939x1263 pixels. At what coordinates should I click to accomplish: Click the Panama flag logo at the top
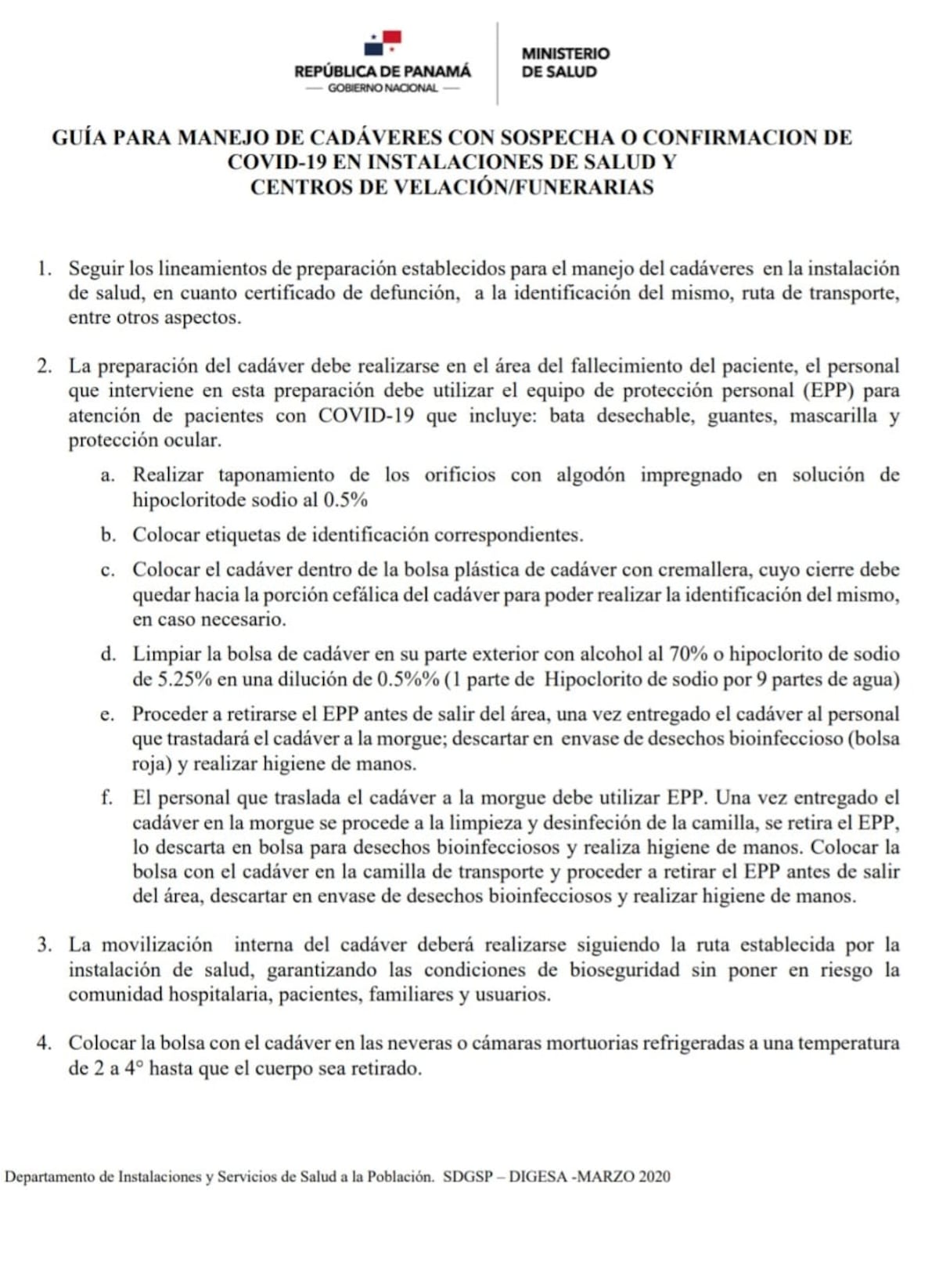[x=383, y=43]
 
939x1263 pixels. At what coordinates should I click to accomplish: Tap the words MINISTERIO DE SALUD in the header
[x=565, y=63]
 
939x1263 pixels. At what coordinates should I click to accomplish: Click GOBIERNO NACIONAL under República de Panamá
[x=383, y=88]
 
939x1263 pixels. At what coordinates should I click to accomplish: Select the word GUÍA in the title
[x=79, y=138]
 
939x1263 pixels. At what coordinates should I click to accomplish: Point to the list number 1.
[x=44, y=269]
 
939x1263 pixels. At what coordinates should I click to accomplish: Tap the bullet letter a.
[x=107, y=475]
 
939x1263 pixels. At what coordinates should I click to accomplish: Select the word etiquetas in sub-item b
[x=243, y=536]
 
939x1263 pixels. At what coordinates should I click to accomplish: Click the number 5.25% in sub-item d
[x=185, y=679]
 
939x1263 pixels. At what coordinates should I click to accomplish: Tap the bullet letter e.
[x=107, y=714]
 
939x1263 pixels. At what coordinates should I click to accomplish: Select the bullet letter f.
[x=107, y=798]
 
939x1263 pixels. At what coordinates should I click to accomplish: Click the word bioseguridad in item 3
[x=624, y=970]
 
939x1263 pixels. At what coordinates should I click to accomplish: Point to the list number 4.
[x=44, y=1043]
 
